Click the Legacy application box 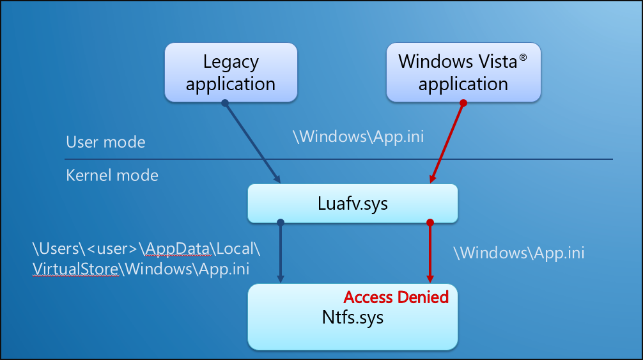tap(231, 72)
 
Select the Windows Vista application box tap(463, 72)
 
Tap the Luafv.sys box tap(353, 204)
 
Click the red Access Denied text tap(396, 297)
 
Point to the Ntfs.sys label tap(353, 317)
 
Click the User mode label tap(105, 142)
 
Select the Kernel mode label tap(112, 175)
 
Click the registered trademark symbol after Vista tap(523, 58)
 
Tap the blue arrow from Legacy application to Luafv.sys tap(252, 143)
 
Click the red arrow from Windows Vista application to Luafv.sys tap(447, 143)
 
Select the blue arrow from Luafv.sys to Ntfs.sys tap(280, 253)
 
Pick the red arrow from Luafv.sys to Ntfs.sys tap(430, 253)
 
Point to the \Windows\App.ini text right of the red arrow tap(518, 253)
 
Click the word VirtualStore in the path tap(76, 269)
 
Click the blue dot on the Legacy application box tap(224, 102)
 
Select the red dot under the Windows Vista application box tap(463, 102)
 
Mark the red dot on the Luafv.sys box tap(430, 223)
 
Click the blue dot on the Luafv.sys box tap(280, 223)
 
